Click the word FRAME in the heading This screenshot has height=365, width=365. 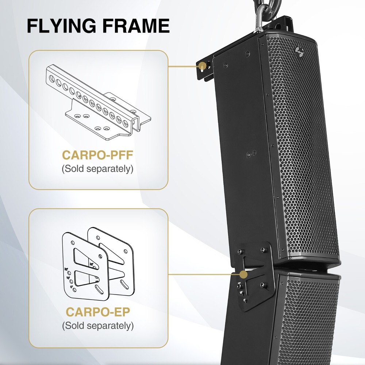pyautogui.click(x=135, y=26)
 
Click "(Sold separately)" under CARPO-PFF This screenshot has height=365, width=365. pyautogui.click(x=98, y=169)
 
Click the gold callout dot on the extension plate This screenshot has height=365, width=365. pyautogui.click(x=243, y=273)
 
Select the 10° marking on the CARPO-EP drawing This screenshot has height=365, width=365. pyautogui.click(x=68, y=278)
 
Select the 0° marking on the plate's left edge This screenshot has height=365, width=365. pyautogui.click(x=71, y=287)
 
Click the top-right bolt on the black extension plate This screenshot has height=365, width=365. pyautogui.click(x=262, y=250)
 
